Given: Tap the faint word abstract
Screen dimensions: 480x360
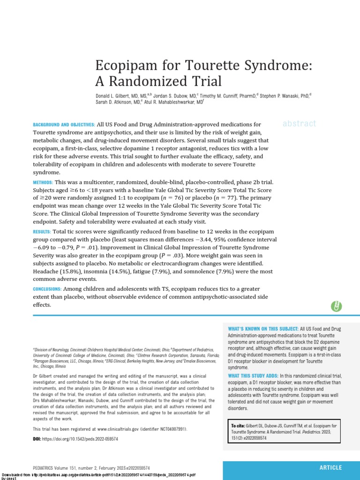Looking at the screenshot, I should [299, 124].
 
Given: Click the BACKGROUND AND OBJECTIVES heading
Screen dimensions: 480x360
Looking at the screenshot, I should [63, 125].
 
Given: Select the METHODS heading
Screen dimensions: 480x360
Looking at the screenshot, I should [43, 182].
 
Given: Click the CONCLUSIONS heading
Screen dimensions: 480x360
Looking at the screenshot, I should [47, 289].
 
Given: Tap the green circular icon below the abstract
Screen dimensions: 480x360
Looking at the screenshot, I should [336, 306].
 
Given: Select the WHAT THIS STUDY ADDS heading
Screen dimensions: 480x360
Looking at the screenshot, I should [253, 376].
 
